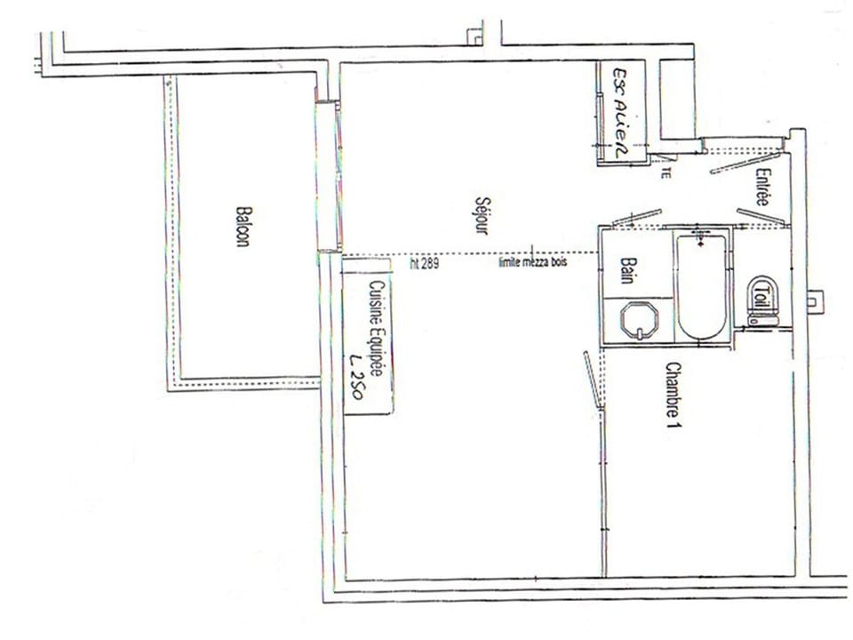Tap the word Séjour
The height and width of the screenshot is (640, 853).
482,215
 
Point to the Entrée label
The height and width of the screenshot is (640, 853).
761,188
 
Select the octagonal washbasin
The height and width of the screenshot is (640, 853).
639,319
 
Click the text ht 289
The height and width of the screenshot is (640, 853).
424,263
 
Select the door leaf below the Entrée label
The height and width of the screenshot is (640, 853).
760,216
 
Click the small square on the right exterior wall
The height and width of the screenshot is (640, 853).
814,300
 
